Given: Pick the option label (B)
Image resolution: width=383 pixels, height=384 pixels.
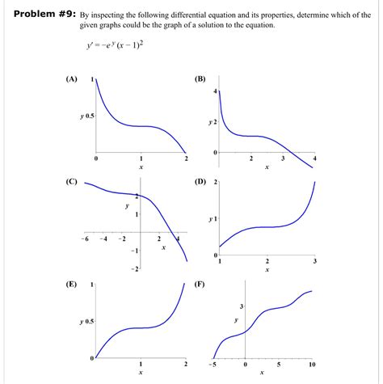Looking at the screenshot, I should (x=200, y=79).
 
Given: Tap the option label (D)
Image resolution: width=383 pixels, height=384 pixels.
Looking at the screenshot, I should (x=200, y=182).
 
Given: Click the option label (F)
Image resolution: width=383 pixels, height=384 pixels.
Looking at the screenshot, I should (x=200, y=285).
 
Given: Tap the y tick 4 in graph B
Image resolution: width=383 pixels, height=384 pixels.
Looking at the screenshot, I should (x=215, y=92).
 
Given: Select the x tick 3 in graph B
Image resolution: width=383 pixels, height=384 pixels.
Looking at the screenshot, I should (x=283, y=159).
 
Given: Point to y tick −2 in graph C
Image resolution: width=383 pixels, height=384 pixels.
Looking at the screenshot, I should (x=134, y=268).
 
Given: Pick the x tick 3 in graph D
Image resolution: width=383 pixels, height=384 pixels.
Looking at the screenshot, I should (x=315, y=262).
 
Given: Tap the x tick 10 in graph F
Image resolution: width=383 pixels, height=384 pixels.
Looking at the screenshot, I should (x=311, y=365).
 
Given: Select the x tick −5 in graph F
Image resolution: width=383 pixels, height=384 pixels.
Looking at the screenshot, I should (x=214, y=365).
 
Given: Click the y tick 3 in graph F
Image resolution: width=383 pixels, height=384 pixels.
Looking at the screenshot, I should (x=241, y=306).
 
